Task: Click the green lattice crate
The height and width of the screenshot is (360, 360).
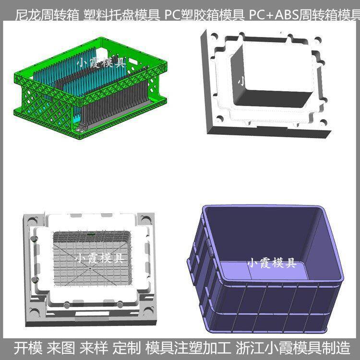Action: pos(90,88)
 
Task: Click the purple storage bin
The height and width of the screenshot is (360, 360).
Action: pos(265,269)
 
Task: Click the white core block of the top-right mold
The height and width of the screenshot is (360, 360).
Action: pos(273,74)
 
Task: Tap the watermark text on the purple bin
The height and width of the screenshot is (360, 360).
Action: pos(272,263)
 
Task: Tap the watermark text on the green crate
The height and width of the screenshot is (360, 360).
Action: pos(101,62)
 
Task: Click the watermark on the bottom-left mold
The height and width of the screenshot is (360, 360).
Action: pos(100,258)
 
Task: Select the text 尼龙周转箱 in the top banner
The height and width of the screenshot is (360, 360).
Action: pos(47,15)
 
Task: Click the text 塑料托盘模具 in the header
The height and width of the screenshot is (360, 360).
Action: pos(122,15)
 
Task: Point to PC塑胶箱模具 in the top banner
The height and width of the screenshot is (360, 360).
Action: pos(204,15)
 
